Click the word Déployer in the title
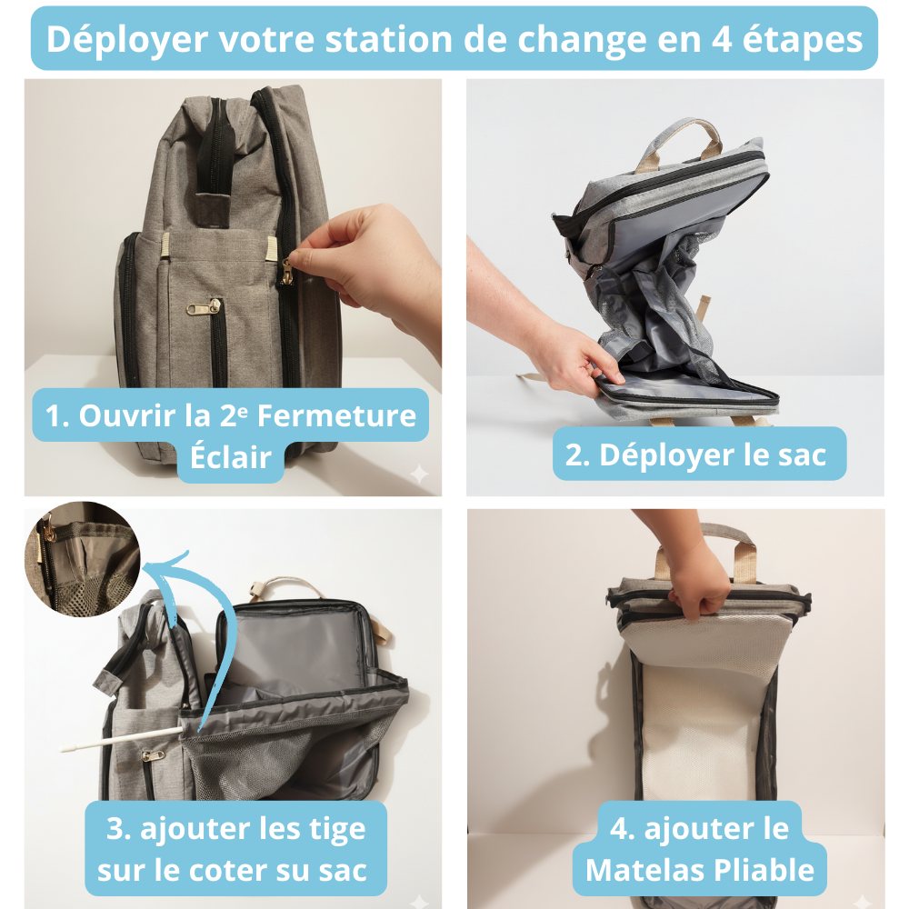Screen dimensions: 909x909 [127, 40]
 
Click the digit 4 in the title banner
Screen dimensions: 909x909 [721, 40]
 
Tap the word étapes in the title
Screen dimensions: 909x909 [803, 41]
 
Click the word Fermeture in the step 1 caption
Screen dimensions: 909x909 [337, 415]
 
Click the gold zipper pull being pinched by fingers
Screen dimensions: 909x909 [285, 272]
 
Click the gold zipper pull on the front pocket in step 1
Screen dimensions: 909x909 [204, 307]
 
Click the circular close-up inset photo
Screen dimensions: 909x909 [83, 559]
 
